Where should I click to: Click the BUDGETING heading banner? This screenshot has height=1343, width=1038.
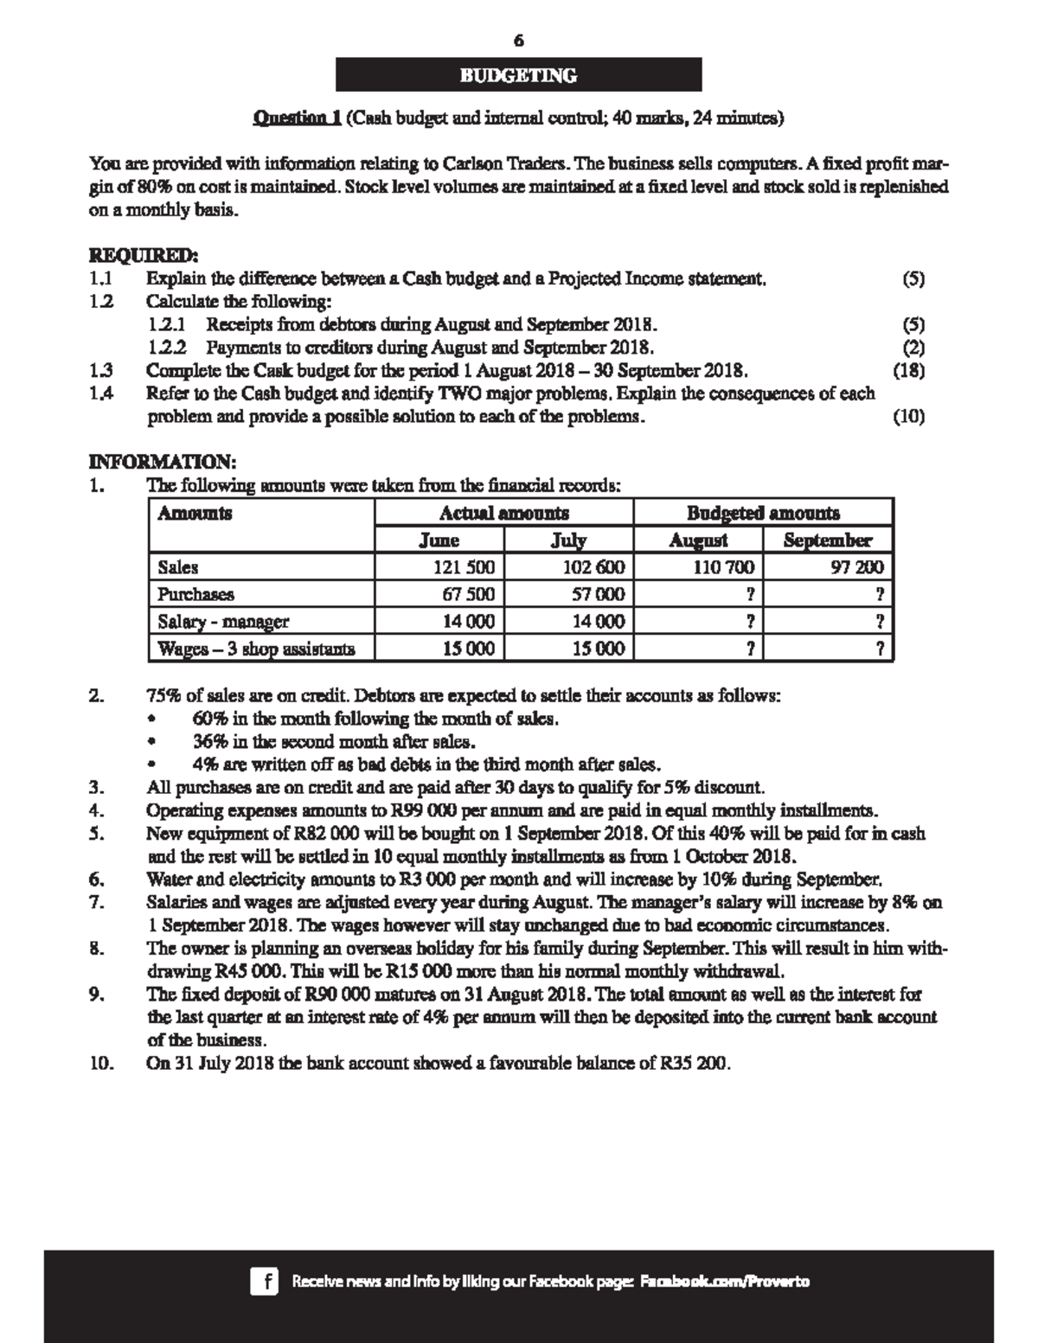(518, 75)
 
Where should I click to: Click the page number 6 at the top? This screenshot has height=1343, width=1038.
(518, 41)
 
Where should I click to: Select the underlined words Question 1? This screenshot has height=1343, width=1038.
(297, 118)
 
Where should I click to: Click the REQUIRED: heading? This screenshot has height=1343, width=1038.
(144, 256)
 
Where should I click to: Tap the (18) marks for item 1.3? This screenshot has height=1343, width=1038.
(908, 371)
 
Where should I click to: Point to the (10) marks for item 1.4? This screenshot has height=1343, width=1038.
(908, 417)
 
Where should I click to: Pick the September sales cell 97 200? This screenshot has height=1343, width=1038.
(855, 568)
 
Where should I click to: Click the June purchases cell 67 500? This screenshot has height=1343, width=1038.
(468, 595)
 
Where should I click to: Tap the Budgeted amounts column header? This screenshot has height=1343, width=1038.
(762, 514)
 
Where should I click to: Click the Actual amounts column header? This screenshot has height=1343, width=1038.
(503, 514)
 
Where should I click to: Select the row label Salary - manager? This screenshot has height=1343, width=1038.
(223, 622)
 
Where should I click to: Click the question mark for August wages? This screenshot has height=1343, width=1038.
(749, 649)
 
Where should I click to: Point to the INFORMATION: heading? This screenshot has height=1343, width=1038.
(163, 461)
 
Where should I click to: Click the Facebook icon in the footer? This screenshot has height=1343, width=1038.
(264, 1281)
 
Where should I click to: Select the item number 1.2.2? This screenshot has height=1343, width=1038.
(167, 349)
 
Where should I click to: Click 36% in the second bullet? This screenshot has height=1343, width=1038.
(209, 742)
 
